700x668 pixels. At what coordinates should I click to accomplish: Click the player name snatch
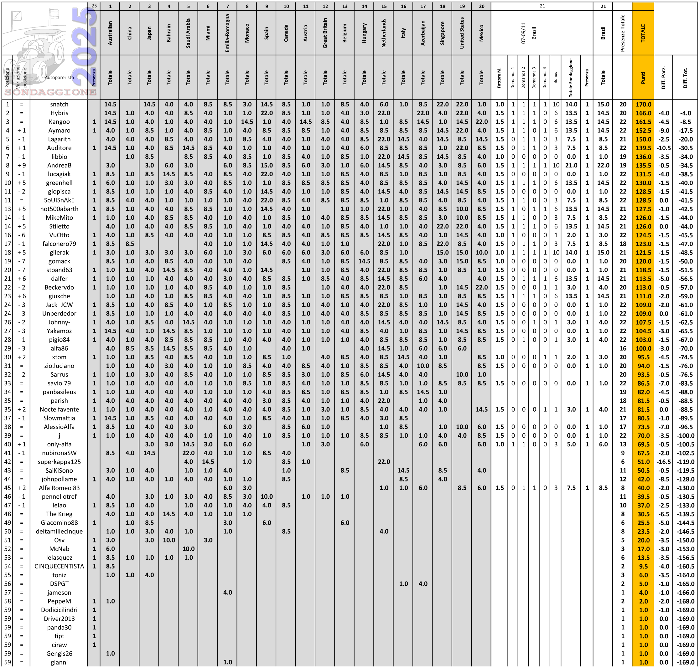59,104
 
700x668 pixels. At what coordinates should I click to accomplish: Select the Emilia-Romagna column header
227,33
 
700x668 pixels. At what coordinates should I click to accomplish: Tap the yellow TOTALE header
643,33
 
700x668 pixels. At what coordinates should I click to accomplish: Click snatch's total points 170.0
643,104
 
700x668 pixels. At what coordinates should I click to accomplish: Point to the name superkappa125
59,462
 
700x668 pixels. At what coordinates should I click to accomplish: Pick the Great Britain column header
325,33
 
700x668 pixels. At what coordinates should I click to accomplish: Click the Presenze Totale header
622,33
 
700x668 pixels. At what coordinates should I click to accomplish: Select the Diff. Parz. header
663,77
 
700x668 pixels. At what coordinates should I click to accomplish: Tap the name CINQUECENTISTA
59,567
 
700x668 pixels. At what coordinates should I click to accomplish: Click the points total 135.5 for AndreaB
643,166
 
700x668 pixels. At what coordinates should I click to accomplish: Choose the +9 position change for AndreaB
21,166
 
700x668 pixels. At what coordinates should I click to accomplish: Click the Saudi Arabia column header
188,33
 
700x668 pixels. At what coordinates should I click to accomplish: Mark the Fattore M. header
499,77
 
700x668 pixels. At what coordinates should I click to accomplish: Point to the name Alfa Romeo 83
59,488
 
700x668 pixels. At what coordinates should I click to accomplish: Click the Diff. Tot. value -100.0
685,435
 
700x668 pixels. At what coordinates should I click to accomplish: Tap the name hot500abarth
59,209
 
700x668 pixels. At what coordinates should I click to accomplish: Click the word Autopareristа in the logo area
59,77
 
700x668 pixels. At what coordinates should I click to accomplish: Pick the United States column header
462,33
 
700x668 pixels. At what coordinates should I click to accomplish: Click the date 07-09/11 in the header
523,33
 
